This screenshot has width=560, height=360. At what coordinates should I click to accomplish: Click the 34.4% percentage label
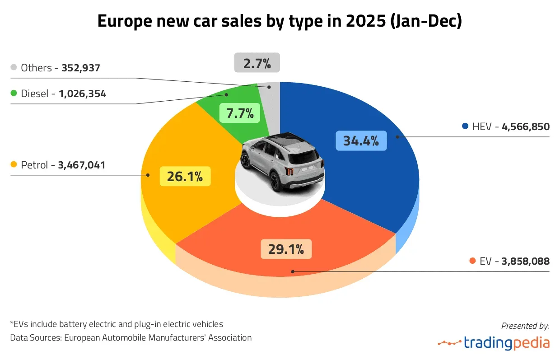(x=361, y=141)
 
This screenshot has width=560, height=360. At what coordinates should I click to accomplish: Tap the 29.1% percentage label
(x=286, y=249)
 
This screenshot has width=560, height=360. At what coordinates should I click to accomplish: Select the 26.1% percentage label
(x=185, y=177)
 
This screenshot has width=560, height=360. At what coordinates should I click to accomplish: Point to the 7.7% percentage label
(x=240, y=113)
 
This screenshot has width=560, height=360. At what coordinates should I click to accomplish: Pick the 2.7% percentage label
(x=257, y=63)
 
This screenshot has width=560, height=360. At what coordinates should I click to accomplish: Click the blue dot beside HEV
(x=465, y=126)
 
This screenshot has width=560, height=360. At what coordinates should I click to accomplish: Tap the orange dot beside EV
(x=472, y=261)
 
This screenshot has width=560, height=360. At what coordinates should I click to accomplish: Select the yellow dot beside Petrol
(x=14, y=165)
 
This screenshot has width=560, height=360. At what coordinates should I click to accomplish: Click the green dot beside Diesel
(x=14, y=94)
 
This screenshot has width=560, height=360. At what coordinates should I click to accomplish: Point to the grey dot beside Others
(x=14, y=68)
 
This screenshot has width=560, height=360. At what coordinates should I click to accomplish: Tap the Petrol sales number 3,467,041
(x=82, y=165)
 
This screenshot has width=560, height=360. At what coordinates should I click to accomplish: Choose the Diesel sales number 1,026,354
(x=82, y=94)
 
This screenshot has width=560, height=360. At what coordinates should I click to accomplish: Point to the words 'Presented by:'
(x=525, y=325)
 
